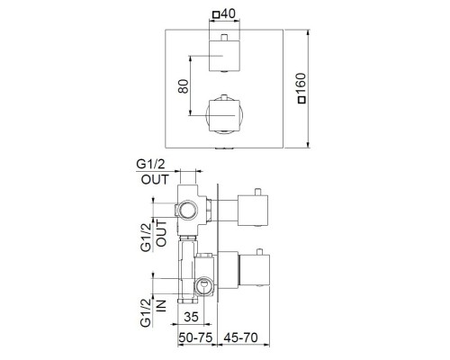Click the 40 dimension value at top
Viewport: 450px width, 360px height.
pyautogui.click(x=228, y=13)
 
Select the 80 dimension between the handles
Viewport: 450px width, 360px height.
pyautogui.click(x=184, y=86)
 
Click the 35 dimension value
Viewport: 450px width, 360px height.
pyautogui.click(x=191, y=317)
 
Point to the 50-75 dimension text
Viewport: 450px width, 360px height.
pyautogui.click(x=195, y=337)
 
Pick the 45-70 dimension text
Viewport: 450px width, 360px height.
pyautogui.click(x=240, y=337)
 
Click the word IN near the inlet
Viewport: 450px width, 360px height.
pyautogui.click(x=161, y=306)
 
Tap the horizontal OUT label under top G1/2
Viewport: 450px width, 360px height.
pyautogui.click(x=155, y=179)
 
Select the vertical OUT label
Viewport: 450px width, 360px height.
pyautogui.click(x=161, y=233)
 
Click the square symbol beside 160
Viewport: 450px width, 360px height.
pyautogui.click(x=301, y=100)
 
